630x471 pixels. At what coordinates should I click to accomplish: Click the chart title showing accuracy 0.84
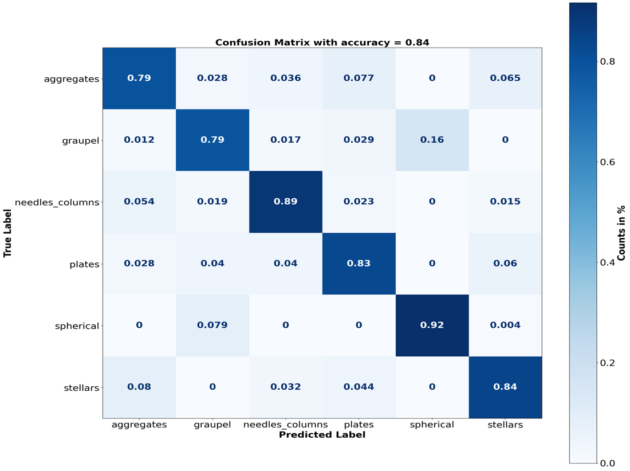pyautogui.click(x=322, y=42)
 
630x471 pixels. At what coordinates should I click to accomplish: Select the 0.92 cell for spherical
pyautogui.click(x=432, y=325)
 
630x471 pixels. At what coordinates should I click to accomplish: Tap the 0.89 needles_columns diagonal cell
pyautogui.click(x=285, y=202)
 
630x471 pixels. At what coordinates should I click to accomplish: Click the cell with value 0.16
pyautogui.click(x=432, y=140)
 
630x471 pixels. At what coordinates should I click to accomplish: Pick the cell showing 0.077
pyautogui.click(x=359, y=78)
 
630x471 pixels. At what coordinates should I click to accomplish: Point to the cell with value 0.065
pyautogui.click(x=505, y=78)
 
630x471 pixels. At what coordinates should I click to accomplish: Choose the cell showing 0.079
pyautogui.click(x=212, y=325)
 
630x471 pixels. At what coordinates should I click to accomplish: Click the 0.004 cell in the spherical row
pyautogui.click(x=505, y=325)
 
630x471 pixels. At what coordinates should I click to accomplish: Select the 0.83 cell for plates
pyautogui.click(x=359, y=264)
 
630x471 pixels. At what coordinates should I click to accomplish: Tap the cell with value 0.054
pyautogui.click(x=139, y=202)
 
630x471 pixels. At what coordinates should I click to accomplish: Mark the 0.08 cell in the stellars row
pyautogui.click(x=139, y=387)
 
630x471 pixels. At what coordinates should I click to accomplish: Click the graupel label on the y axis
pyautogui.click(x=80, y=140)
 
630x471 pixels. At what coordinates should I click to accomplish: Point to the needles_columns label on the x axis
pyautogui.click(x=285, y=425)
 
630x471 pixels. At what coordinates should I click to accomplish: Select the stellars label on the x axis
pyautogui.click(x=505, y=425)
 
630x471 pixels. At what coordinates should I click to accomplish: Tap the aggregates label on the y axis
pyautogui.click(x=72, y=79)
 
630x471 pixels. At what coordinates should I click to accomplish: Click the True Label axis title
pyautogui.click(x=8, y=233)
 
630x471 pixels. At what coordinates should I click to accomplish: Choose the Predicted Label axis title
pyautogui.click(x=322, y=435)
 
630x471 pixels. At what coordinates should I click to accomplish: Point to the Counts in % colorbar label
pyautogui.click(x=622, y=233)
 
